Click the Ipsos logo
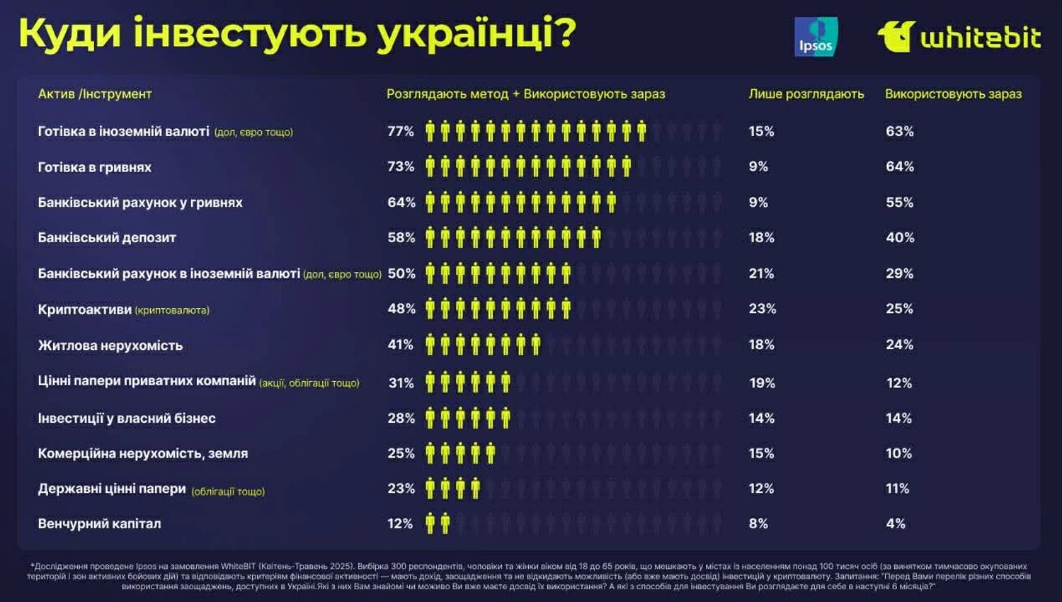coord(816,37)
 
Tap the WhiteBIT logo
coord(959,37)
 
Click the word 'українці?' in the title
coord(476,33)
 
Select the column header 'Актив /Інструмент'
coord(95,94)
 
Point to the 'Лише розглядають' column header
coord(806,94)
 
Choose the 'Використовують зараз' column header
coord(953,94)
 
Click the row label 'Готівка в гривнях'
coord(95,168)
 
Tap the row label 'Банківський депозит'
coord(107,238)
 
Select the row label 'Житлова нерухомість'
coord(110,346)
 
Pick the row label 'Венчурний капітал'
coord(99,524)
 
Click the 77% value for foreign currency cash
coord(401,132)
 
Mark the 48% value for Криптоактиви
coord(401,309)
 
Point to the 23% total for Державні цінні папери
coord(401,489)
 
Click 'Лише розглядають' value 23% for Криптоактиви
coord(763,309)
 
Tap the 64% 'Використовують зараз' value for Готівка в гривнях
coord(900,167)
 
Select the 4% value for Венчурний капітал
coord(896,524)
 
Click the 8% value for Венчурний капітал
coord(758,524)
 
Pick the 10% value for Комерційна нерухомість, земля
coord(898,454)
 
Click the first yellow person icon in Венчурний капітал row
coord(430,524)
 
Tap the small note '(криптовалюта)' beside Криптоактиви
coord(172,310)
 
